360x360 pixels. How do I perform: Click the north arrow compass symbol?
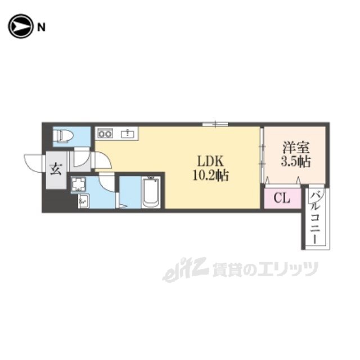[20, 26]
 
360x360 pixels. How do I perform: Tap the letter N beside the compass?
[41, 28]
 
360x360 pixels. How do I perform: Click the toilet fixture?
[63, 136]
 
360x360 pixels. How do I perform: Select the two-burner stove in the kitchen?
[105, 133]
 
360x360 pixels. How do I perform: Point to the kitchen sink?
[128, 134]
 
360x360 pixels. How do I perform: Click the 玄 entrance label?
[56, 169]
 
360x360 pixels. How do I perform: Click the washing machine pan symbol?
[78, 184]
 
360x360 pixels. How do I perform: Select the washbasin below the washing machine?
[84, 201]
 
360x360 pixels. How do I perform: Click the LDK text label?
[210, 161]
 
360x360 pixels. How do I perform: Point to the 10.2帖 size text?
[210, 176]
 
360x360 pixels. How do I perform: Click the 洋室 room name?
[296, 147]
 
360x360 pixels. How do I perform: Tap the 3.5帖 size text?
[296, 161]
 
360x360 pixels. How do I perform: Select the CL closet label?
[282, 197]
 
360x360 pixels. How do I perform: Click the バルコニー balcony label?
[315, 218]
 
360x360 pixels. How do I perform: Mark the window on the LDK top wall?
[215, 124]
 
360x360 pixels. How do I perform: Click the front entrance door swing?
[34, 163]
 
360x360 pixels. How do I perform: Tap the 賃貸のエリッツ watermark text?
[265, 269]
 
